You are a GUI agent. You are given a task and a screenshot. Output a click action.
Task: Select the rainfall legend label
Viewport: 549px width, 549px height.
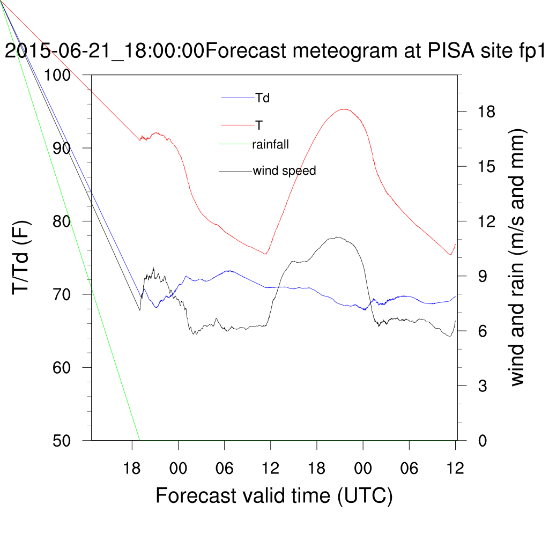pyautogui.click(x=271, y=144)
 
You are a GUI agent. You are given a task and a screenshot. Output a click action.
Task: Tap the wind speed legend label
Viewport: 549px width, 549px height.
pyautogui.click(x=284, y=171)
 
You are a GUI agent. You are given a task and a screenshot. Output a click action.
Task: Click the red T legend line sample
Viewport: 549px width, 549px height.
pyautogui.click(x=238, y=125)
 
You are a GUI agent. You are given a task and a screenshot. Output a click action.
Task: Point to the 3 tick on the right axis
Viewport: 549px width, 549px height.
pyautogui.click(x=475, y=385)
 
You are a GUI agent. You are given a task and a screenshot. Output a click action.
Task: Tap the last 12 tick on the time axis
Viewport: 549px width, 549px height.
pyautogui.click(x=455, y=468)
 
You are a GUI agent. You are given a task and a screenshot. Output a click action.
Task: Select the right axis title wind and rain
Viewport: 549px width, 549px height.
pyautogui.click(x=517, y=257)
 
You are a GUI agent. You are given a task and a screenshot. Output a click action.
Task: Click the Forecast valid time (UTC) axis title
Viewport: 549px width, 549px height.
pyautogui.click(x=274, y=495)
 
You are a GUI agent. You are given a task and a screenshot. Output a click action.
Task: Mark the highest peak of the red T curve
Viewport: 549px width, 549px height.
pyautogui.click(x=344, y=109)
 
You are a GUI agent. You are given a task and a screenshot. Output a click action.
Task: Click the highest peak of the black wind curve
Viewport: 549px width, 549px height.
pyautogui.click(x=337, y=237)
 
